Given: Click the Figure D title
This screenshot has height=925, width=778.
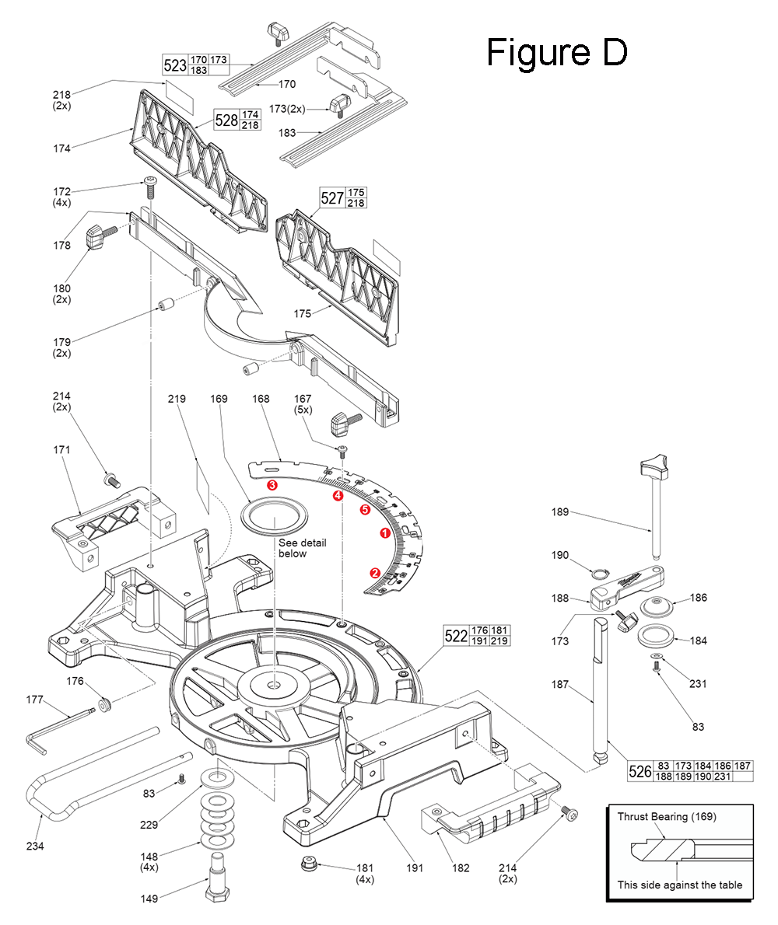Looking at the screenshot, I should [556, 52].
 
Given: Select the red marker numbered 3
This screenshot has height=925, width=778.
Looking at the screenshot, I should [272, 483].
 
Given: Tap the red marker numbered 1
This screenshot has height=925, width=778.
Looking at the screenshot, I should [384, 533].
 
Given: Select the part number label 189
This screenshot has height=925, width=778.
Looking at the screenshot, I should [559, 512].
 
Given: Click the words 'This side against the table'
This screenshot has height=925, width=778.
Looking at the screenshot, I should [679, 885].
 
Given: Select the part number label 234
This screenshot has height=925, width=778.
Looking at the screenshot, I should [34, 846].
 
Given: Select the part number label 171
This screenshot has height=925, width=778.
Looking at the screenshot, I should [61, 449].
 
